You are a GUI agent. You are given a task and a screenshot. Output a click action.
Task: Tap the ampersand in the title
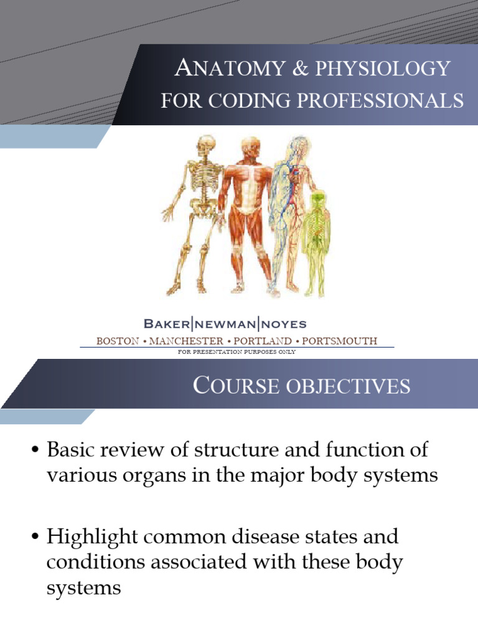(x=280, y=69)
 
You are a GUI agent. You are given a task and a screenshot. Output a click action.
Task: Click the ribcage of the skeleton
(x=202, y=184)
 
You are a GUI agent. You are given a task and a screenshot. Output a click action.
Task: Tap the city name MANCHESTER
(x=186, y=341)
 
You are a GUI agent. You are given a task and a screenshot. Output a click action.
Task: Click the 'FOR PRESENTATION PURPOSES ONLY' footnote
(x=237, y=352)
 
